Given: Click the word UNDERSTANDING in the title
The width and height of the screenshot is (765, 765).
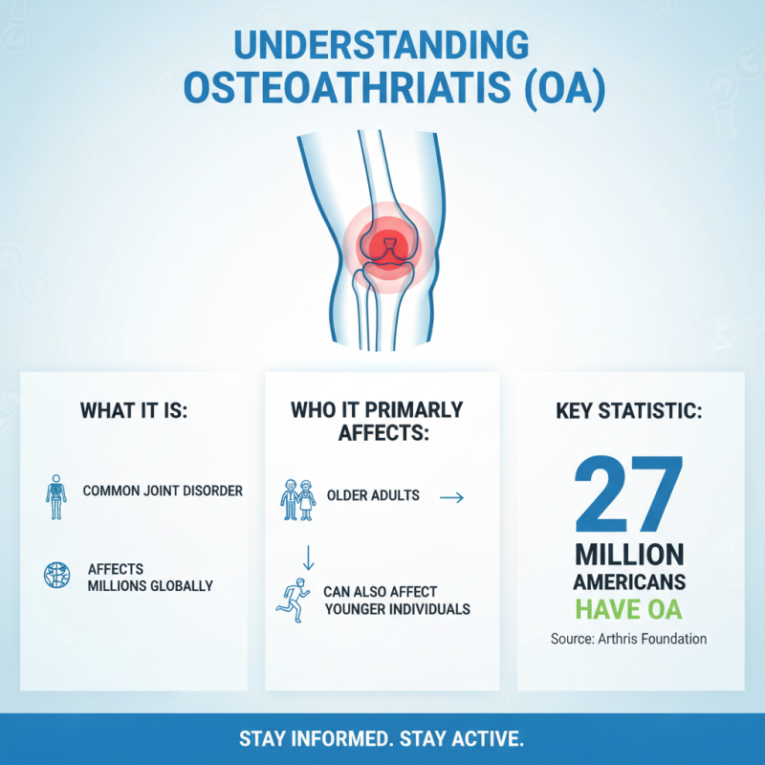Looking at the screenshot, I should (x=382, y=46).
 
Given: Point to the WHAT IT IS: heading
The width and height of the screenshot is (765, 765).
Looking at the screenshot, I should (x=134, y=411).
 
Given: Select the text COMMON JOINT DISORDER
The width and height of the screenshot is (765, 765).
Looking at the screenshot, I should (x=163, y=491).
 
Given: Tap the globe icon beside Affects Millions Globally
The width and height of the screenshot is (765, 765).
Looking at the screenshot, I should (x=56, y=575).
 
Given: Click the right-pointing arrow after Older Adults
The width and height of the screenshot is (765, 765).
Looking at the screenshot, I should (x=450, y=497).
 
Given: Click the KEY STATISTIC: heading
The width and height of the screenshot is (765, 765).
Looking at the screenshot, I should (x=629, y=411).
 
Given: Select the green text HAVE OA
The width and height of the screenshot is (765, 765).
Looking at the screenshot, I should (x=628, y=607).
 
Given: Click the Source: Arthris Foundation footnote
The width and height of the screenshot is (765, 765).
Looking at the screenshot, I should (x=628, y=639).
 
